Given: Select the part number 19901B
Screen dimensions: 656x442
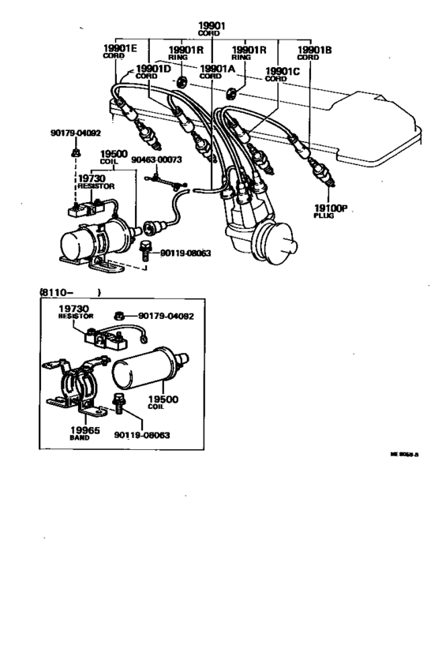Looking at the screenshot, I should pos(313,49).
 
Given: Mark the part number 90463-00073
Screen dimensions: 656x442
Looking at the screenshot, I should pos(156,159).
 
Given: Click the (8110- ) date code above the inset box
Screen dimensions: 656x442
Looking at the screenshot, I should pos(69,292).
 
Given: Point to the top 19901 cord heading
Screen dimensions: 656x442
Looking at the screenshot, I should pos(212,27).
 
